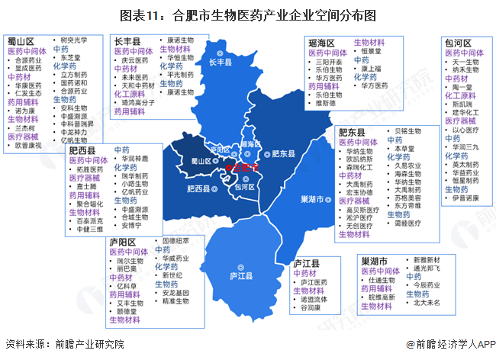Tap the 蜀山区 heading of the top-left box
coord(21,41)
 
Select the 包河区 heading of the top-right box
coord(458,43)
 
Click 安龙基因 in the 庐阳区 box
coord(178,291)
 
